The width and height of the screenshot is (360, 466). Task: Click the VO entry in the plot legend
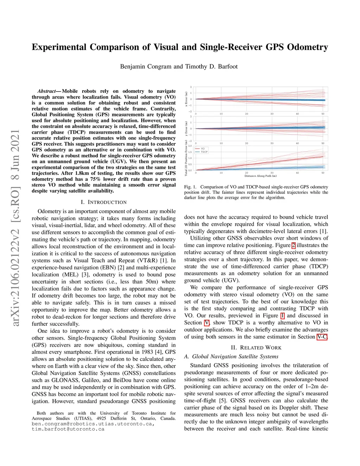tap(202, 149)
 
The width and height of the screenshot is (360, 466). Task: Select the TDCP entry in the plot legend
tap(204, 152)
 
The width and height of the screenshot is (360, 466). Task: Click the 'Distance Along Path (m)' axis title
tap(261, 176)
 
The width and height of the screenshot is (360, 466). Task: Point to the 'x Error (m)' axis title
tap(186, 99)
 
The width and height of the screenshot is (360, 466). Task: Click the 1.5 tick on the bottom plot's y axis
tap(190, 152)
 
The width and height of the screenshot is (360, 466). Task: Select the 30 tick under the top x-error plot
tap(272, 114)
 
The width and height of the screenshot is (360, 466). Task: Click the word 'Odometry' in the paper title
tap(307, 47)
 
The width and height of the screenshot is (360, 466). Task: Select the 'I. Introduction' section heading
tap(104, 202)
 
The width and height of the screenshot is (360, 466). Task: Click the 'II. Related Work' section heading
tap(256, 347)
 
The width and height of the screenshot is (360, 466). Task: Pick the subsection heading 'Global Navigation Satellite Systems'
tap(235, 356)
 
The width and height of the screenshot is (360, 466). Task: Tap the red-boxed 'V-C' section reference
tap(322, 337)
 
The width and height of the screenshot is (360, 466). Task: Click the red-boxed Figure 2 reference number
tap(293, 245)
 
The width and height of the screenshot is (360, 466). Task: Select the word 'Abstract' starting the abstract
tap(46, 91)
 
